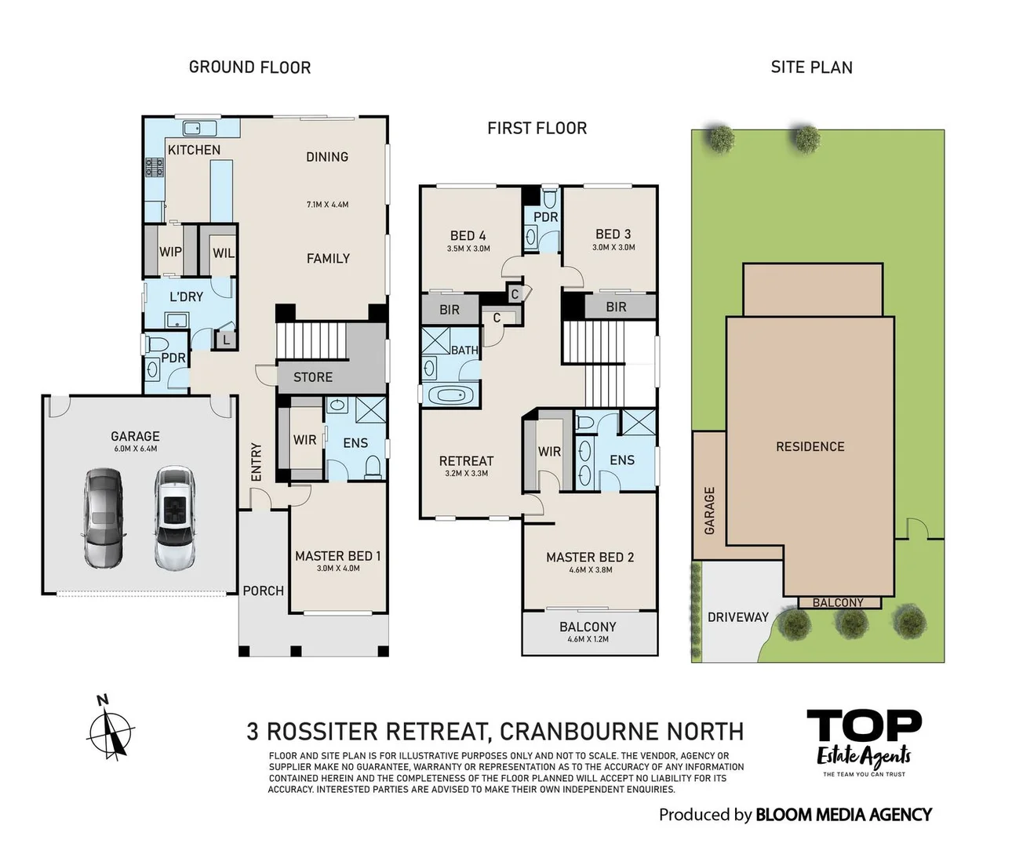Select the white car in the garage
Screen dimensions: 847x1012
(174, 518)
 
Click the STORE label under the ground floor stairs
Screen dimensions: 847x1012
(312, 377)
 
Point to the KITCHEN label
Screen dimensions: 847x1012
(194, 150)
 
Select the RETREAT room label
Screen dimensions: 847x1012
(466, 461)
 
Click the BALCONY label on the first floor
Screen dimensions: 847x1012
(588, 627)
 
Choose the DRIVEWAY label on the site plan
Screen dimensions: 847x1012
(737, 617)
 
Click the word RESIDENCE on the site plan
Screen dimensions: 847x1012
(810, 446)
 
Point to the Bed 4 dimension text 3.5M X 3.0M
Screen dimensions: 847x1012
(468, 249)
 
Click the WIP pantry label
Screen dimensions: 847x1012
(170, 252)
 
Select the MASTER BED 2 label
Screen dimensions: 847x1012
(590, 557)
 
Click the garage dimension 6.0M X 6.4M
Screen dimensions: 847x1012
(135, 449)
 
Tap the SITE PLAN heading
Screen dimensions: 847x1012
(811, 67)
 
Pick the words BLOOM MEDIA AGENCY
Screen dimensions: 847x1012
(843, 815)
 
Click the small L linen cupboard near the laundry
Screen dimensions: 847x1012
(226, 340)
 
